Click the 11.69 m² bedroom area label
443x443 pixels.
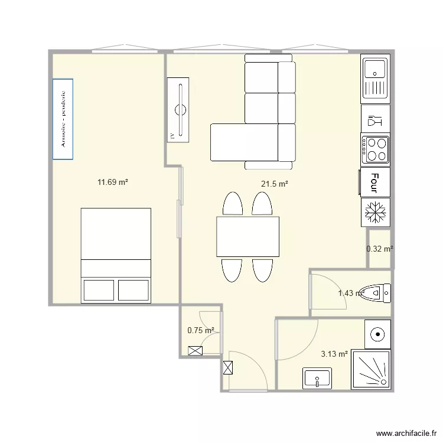click(x=113, y=183)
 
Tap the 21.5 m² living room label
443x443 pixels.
click(x=274, y=184)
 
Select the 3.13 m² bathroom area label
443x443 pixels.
click(x=334, y=354)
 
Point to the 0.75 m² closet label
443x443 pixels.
click(x=200, y=331)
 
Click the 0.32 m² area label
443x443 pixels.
click(x=379, y=249)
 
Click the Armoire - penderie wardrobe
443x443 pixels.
click(x=63, y=119)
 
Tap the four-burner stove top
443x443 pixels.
click(x=376, y=149)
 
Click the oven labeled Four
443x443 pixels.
click(x=374, y=183)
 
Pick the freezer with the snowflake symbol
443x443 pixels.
click(x=375, y=212)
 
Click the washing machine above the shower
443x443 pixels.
click(x=377, y=335)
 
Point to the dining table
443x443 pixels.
click(x=247, y=237)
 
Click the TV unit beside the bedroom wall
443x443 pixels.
click(x=178, y=109)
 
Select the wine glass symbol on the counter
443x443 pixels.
click(x=375, y=121)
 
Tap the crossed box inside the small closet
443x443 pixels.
click(x=194, y=350)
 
